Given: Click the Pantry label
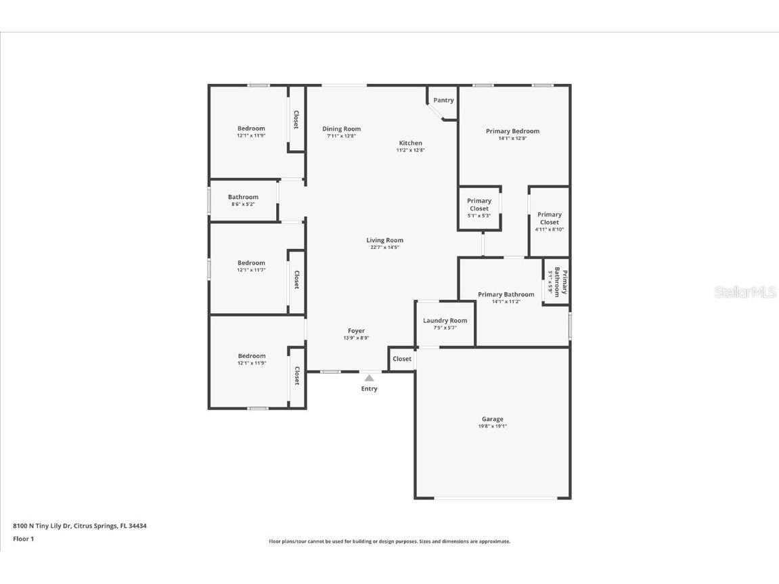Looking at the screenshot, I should click(443, 100).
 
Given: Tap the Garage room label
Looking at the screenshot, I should click(492, 419).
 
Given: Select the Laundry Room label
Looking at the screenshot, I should click(445, 321).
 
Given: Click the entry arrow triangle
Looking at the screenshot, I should click(369, 378).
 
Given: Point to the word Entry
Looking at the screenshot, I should click(369, 389).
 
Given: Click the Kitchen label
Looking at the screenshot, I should click(410, 143).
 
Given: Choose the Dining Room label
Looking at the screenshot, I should click(341, 129).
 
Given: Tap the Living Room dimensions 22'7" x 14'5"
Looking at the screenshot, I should click(384, 248).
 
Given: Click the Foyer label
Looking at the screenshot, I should click(356, 331).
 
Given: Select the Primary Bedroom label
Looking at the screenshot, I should click(512, 131).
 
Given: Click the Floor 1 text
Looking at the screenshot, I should click(23, 539).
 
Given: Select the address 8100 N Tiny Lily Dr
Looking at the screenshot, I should click(79, 526).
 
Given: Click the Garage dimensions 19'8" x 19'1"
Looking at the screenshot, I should click(492, 426).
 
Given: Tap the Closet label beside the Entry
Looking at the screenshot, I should click(401, 359).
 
